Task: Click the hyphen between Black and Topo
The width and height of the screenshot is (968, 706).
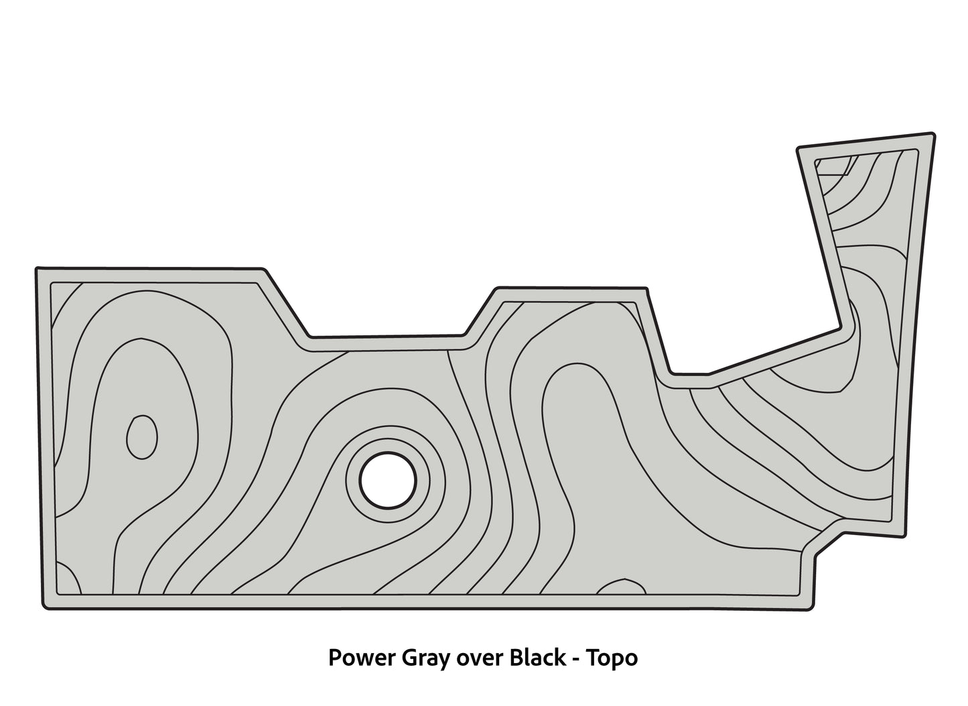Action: [576, 660]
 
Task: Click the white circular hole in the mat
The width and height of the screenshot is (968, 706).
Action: [388, 479]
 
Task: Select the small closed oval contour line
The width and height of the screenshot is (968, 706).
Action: [142, 437]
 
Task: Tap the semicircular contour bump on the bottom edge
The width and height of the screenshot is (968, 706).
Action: [622, 587]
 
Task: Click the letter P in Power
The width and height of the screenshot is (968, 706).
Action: [334, 658]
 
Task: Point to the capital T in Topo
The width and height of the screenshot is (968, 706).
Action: [592, 658]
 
